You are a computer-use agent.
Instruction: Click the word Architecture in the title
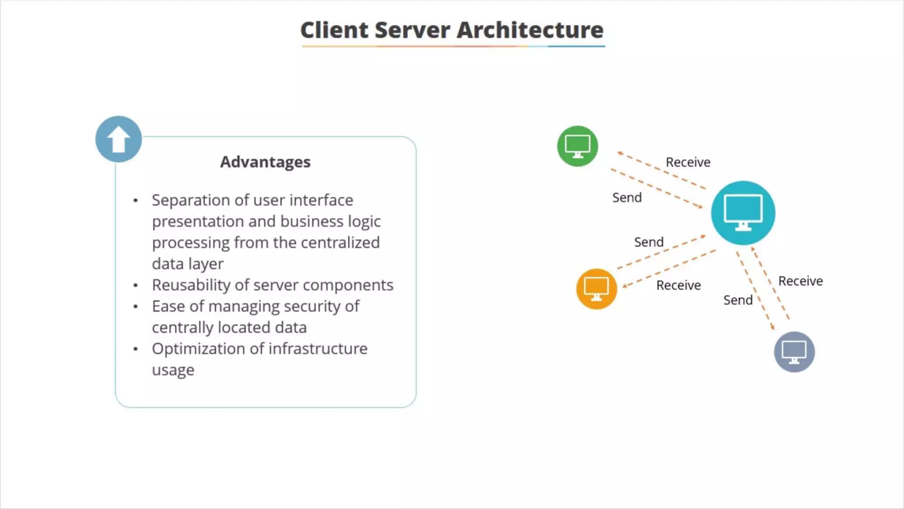[x=530, y=30]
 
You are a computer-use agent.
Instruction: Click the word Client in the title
[x=334, y=30]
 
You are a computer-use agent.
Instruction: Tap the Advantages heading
[x=265, y=162]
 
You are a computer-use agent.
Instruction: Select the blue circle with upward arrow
[x=118, y=139]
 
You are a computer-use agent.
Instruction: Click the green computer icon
[x=577, y=146]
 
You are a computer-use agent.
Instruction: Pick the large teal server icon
[x=743, y=213]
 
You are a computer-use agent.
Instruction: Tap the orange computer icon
[x=596, y=289]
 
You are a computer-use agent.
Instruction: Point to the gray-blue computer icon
[x=794, y=352]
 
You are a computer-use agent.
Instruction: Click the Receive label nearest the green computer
[x=688, y=162]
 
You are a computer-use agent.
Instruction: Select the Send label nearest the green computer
[x=627, y=198]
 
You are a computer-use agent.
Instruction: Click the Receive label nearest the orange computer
[x=678, y=285]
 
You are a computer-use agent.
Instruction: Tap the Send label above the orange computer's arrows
[x=649, y=242]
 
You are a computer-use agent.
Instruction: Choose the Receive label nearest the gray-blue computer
[x=800, y=281]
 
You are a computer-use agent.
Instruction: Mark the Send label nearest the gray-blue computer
[x=738, y=300]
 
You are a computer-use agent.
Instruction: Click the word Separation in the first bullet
[x=191, y=200]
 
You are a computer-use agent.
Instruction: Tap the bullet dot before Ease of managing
[x=136, y=307]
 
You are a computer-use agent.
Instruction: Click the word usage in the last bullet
[x=173, y=370]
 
